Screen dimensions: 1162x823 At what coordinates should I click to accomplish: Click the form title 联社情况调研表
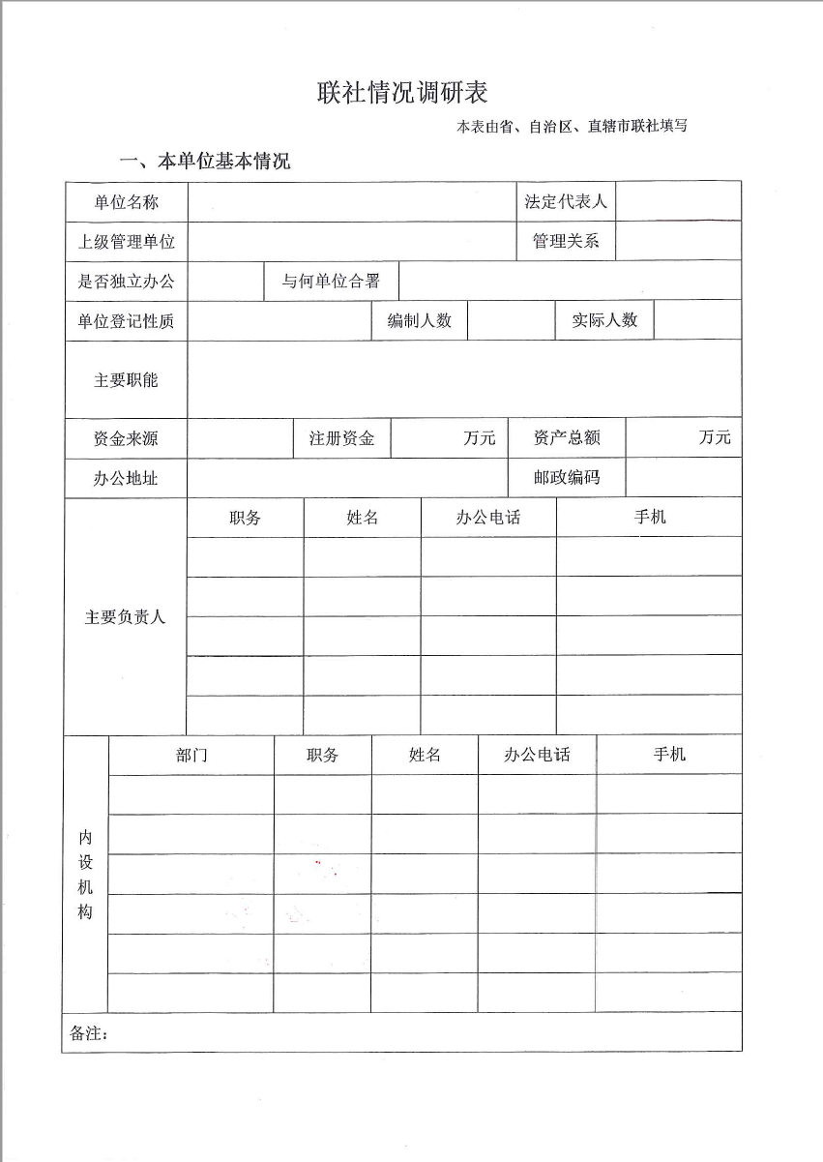pos(402,93)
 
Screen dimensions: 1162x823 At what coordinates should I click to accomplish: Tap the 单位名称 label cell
pos(127,202)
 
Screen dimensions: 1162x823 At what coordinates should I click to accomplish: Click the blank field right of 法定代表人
pos(678,202)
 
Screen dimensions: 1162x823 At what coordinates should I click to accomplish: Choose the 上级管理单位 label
pos(127,242)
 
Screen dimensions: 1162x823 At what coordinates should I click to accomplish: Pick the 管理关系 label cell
pos(566,242)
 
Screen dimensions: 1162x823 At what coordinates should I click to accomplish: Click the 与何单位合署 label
pos(331,282)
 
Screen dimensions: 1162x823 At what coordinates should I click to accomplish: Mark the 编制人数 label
pos(420,321)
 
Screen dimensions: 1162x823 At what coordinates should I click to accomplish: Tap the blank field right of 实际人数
pos(697,321)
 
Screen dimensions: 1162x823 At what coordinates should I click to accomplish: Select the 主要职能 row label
pos(127,380)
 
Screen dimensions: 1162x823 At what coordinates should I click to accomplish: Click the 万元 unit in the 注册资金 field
pos(479,438)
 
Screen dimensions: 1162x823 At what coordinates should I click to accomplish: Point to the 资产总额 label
pos(567,438)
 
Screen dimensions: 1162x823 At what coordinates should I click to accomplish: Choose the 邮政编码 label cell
pos(567,477)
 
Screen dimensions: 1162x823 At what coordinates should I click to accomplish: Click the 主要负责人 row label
pos(126,616)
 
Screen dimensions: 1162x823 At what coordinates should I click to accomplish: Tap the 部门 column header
pos(191,756)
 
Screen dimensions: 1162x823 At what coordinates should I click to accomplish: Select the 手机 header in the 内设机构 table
pos(669,755)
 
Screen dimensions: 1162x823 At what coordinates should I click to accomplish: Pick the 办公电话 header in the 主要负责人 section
pos(488,518)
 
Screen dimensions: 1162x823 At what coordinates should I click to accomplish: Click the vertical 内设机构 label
pos(86,874)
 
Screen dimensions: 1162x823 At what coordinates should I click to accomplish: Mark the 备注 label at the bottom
pos(89,1034)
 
